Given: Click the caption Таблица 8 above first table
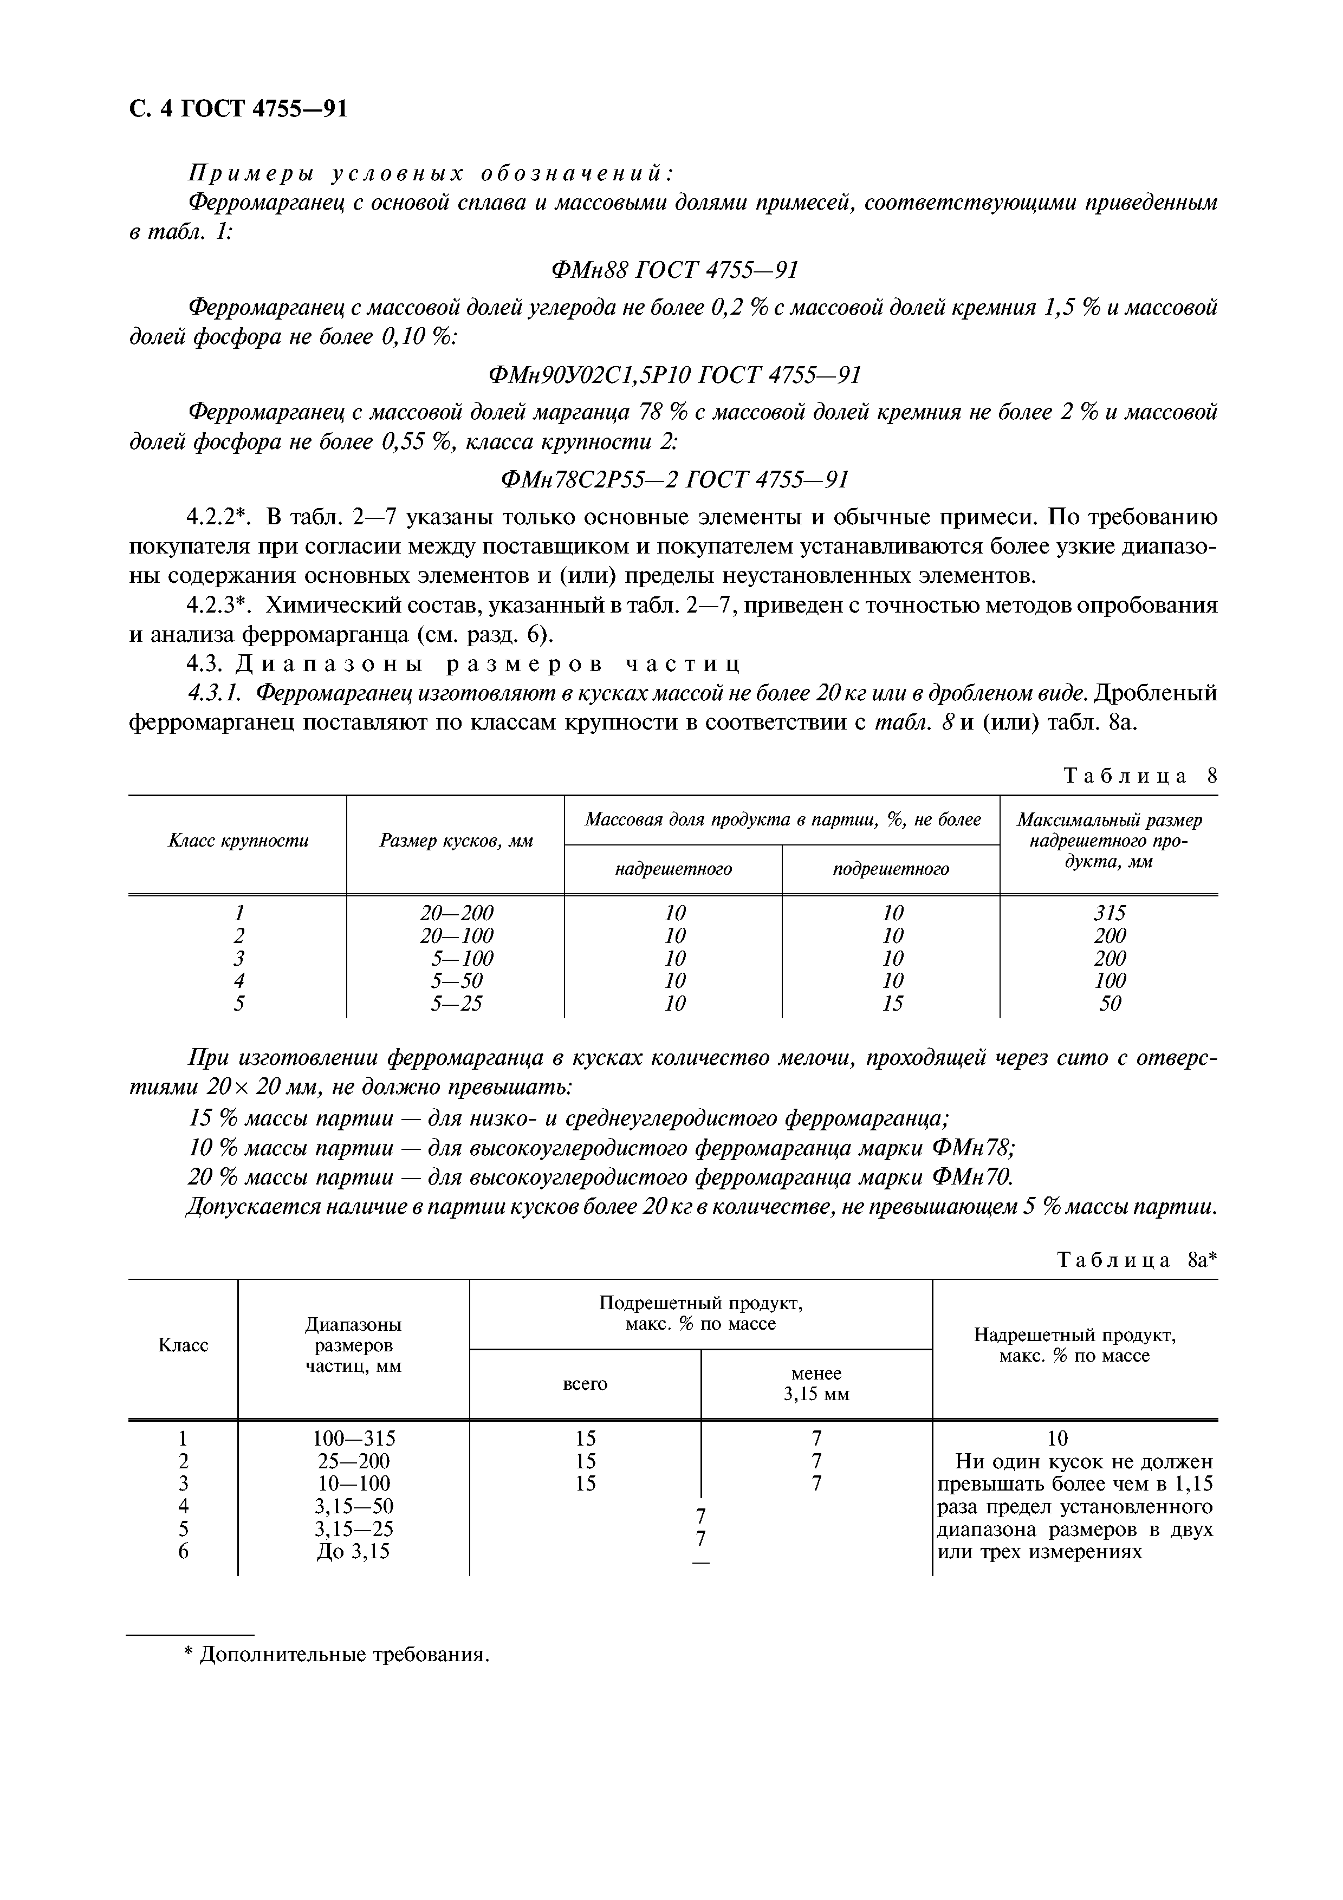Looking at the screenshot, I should (1140, 776).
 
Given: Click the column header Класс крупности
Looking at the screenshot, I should (238, 841).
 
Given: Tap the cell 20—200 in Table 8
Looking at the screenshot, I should (456, 913).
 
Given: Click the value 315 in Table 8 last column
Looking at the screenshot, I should (1109, 913).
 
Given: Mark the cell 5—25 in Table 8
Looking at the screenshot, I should (456, 1004).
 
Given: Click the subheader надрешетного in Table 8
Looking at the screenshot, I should (673, 869).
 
